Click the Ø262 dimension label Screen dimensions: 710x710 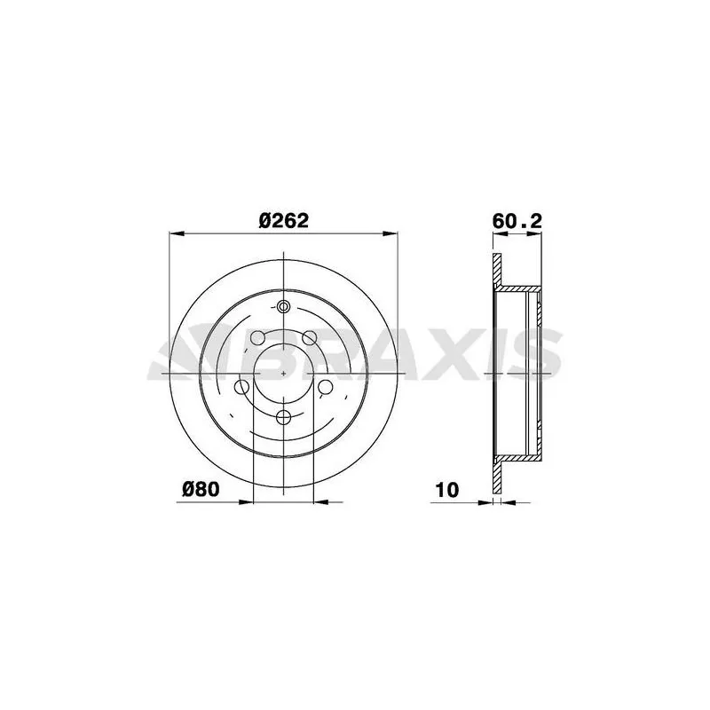283,221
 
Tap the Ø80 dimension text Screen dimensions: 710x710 201,489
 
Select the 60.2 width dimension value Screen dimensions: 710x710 517,221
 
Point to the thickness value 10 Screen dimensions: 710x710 447,490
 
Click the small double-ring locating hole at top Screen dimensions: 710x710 283,306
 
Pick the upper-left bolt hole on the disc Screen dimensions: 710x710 257,337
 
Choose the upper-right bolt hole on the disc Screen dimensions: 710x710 310,337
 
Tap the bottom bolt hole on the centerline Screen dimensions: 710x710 283,417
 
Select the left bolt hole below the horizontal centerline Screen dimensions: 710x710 241,387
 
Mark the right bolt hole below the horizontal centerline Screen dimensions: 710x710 326,387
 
